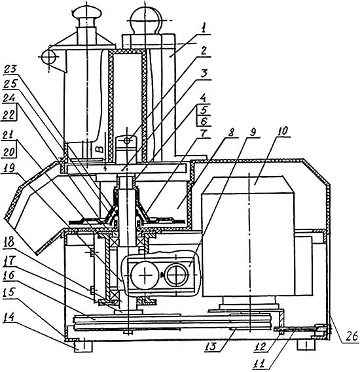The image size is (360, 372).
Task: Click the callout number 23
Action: [x=10, y=70]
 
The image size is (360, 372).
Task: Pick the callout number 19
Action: [x=9, y=168]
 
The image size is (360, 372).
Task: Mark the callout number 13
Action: [x=210, y=347]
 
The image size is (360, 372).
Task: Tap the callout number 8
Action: [x=230, y=131]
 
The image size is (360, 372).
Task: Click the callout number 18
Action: [x=9, y=242]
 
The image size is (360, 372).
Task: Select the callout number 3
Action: [x=204, y=74]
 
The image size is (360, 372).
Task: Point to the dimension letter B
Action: [x=100, y=149]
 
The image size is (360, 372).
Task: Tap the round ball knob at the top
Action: [x=145, y=18]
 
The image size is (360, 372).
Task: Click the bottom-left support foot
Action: [x=82, y=347]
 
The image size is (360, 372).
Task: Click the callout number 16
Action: [x=10, y=276]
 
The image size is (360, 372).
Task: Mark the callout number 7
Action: [x=204, y=133]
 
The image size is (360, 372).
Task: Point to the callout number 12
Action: [x=260, y=347]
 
